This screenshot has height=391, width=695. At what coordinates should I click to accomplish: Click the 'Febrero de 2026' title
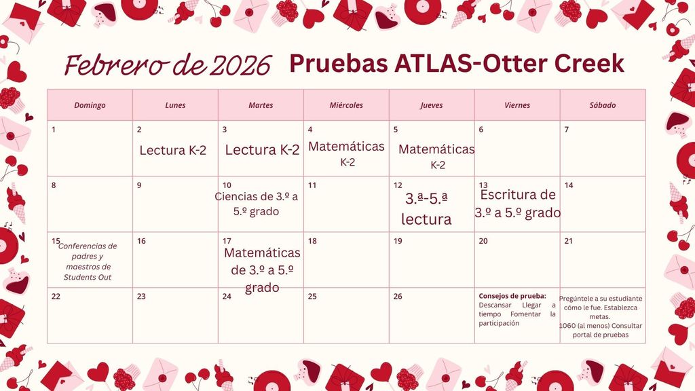(x=167, y=66)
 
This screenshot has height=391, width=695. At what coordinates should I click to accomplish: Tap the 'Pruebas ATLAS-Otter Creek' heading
(x=456, y=63)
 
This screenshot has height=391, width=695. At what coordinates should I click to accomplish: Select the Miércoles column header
(x=346, y=105)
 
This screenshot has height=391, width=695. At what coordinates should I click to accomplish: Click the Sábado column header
(x=602, y=105)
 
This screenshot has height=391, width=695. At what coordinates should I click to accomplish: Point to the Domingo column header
(x=90, y=105)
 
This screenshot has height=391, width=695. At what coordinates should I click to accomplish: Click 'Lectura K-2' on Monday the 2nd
(x=172, y=150)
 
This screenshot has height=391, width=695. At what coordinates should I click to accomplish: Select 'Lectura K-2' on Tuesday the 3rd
(x=261, y=150)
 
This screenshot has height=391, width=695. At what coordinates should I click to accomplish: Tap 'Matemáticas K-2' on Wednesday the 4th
(x=346, y=153)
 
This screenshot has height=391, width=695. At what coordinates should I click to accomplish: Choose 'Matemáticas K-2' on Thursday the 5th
(x=436, y=155)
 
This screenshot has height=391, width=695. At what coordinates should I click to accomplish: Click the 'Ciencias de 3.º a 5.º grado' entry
(x=257, y=204)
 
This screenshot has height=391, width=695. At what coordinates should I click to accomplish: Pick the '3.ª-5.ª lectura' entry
(x=427, y=209)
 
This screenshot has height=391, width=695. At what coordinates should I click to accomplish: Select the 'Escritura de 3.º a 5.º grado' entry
(x=518, y=204)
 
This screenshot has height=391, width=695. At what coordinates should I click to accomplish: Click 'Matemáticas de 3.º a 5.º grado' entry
(x=262, y=270)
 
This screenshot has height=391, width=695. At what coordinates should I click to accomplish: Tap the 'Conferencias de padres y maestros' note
(x=88, y=261)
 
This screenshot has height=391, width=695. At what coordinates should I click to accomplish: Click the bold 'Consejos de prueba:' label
(x=512, y=296)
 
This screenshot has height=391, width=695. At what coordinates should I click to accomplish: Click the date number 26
(x=398, y=296)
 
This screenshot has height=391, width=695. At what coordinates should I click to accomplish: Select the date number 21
(x=569, y=241)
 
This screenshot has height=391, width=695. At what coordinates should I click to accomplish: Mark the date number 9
(x=139, y=185)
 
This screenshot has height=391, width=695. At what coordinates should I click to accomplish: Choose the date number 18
(x=312, y=241)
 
